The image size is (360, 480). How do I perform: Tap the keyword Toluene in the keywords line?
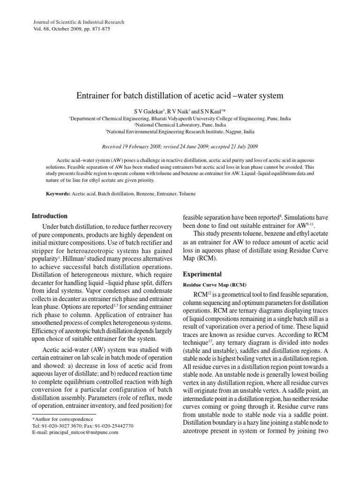tap(185, 193)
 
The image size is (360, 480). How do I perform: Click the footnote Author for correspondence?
tap(60, 419)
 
